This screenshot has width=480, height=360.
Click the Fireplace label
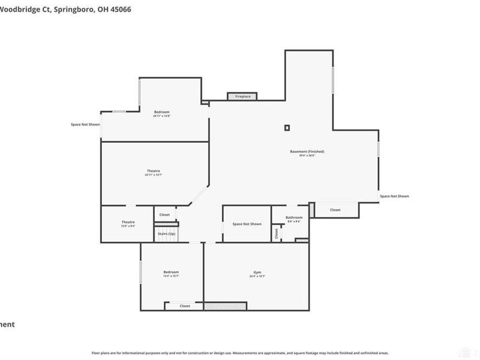242,96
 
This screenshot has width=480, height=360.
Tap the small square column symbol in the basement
287,127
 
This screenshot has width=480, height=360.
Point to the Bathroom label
294,217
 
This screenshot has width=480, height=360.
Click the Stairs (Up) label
167,233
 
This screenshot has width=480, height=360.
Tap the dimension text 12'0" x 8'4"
128,227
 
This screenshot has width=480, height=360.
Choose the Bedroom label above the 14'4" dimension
170,272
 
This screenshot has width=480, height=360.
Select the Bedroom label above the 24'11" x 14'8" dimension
161,112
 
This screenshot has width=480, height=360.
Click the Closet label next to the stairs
164,214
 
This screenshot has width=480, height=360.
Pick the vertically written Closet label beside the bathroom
277,233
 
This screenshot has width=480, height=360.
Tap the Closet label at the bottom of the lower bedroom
185,306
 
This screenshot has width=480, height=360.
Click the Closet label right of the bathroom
335,210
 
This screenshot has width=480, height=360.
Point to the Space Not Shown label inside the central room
247,224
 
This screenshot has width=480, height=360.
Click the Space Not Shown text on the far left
85,124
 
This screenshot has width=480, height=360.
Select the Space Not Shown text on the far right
394,196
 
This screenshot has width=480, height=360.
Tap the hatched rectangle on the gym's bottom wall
225,306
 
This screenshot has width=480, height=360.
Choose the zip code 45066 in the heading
120,10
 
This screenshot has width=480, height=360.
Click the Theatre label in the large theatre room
153,171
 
